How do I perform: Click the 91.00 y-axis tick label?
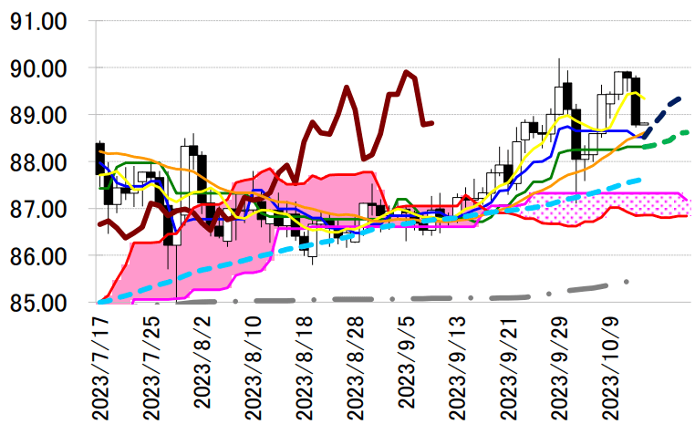point(45,21)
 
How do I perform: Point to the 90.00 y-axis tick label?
point(45,68)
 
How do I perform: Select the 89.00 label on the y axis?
point(45,116)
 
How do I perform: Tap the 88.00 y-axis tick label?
point(45,162)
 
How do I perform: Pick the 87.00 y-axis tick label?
point(45,210)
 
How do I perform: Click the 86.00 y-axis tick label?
point(45,257)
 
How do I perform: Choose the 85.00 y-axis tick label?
point(45,304)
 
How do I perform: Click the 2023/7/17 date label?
point(100,367)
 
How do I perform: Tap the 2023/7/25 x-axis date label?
point(152,367)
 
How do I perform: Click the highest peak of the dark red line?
point(407,73)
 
